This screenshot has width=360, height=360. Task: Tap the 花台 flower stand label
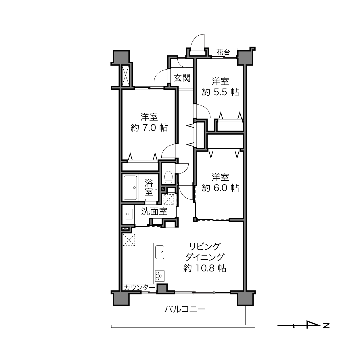point(223,52)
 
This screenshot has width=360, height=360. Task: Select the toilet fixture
point(168,177)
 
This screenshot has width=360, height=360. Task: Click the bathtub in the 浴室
point(131,187)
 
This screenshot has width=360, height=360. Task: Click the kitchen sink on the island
point(160,252)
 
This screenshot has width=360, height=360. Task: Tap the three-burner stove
point(160,276)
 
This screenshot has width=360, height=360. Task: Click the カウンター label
point(139,288)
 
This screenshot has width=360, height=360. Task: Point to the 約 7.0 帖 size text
point(149,128)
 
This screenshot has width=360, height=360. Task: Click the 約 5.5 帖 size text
point(220,92)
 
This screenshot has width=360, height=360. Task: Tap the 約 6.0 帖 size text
point(220,188)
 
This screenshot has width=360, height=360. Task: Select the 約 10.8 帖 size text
point(205,268)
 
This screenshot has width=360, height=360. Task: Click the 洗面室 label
point(154,211)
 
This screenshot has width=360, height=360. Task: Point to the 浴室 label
point(149,187)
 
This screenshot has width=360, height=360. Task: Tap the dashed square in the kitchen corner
point(129,240)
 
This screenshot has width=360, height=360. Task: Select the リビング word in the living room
point(205,247)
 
